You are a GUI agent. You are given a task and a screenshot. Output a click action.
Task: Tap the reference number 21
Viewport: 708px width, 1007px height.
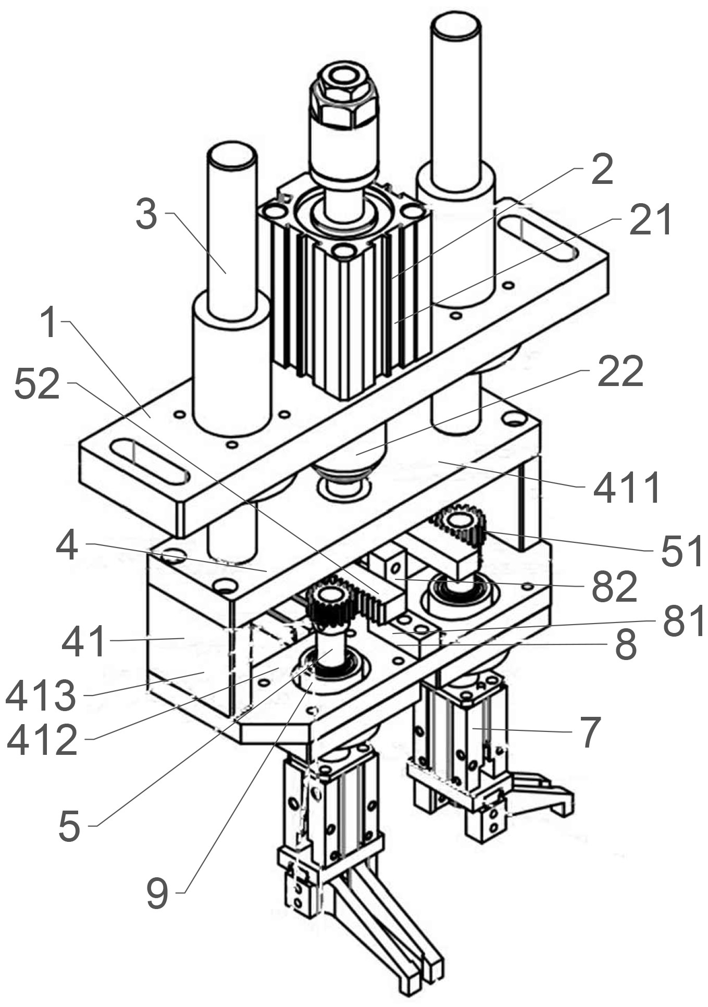click(651, 219)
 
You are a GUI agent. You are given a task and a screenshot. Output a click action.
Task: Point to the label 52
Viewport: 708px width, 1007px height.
click(37, 383)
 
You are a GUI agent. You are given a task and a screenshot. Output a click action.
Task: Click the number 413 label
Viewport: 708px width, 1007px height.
click(41, 696)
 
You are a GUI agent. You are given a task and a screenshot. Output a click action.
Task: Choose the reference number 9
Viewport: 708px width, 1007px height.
click(157, 893)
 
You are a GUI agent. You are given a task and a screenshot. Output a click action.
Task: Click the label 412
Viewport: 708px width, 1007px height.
click(42, 740)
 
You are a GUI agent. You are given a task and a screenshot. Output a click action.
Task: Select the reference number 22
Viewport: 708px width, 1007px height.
click(620, 371)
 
